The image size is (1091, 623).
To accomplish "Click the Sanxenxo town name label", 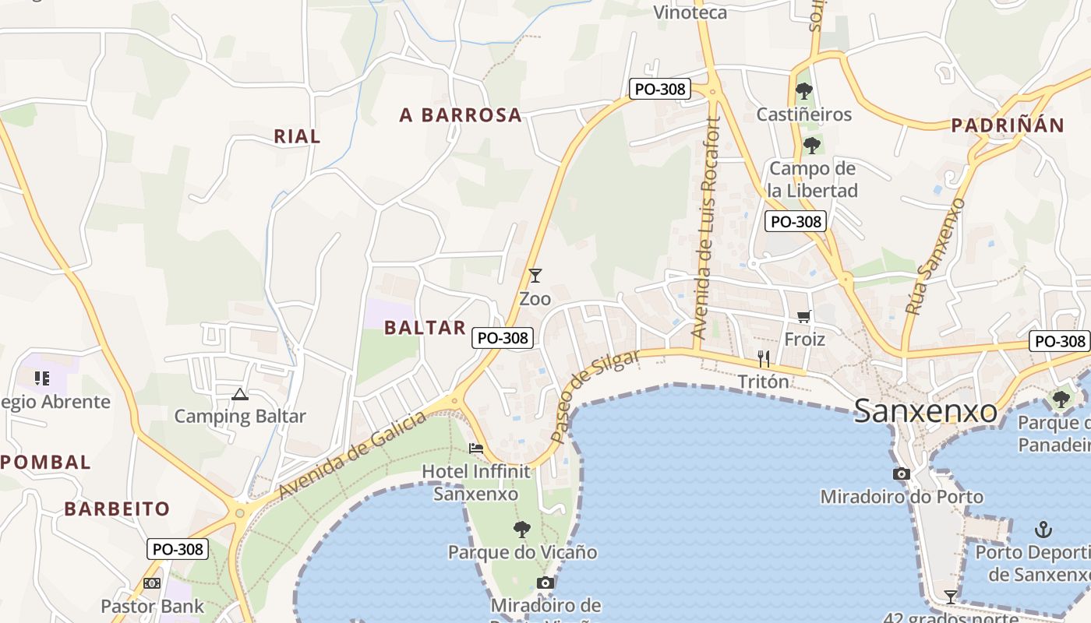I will (925, 410).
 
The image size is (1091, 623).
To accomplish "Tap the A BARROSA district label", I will (461, 115).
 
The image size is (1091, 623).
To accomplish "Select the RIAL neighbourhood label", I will (297, 136).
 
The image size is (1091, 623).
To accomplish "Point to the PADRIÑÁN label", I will (1008, 125).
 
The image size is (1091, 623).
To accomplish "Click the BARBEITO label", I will (117, 509).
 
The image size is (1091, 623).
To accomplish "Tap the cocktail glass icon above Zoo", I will (535, 276).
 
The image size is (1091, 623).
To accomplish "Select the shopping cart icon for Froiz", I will (803, 316).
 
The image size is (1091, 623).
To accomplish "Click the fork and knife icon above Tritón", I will (764, 358).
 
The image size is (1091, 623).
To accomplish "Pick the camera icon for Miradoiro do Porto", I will (901, 473).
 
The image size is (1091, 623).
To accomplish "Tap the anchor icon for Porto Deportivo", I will (1043, 530).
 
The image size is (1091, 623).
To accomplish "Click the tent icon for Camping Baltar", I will (239, 394).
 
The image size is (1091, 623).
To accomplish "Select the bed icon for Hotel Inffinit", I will (475, 449).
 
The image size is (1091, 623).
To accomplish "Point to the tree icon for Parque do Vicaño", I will (522, 530).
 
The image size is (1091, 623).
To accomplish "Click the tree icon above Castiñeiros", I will (804, 91).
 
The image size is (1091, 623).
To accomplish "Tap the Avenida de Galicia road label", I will (352, 456).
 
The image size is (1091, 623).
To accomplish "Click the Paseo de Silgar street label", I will (595, 396).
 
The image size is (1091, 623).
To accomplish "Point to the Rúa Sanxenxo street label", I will (935, 256).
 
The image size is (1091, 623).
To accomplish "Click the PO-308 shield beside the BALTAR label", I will (503, 338).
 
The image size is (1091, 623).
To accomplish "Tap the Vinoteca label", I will (690, 12).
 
